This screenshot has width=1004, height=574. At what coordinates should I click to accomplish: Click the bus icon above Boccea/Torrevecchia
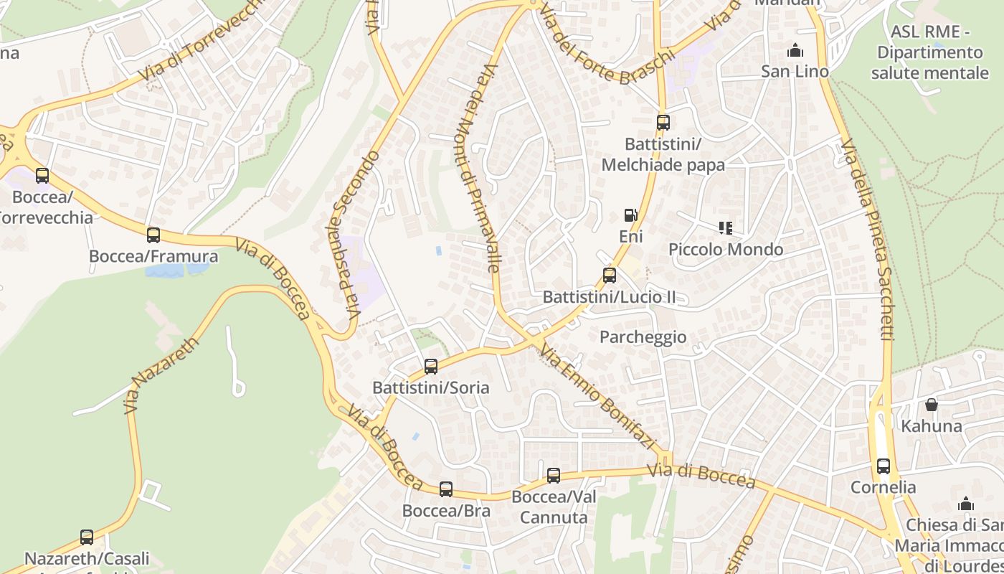coord(42,176)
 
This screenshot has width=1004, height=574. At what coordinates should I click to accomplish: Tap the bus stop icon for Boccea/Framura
coord(153,235)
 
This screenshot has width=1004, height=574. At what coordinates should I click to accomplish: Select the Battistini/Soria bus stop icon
coord(431,367)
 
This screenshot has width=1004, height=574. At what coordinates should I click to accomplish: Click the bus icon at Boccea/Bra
coord(446,489)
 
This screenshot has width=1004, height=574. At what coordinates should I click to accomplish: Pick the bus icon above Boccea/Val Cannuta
coord(554,476)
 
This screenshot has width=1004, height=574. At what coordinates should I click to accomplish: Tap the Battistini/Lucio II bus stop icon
coord(609,276)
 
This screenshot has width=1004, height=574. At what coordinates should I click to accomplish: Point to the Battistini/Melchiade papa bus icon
coord(663,123)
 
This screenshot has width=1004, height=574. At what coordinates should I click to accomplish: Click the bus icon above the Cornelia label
coord(884,466)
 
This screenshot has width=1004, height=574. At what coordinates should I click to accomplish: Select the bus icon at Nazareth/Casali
coord(87,537)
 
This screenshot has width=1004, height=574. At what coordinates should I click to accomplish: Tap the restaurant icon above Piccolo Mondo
coord(726,228)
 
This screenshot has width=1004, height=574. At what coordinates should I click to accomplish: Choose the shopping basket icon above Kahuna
coord(931,405)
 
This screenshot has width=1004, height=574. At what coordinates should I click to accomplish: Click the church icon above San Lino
coord(795,51)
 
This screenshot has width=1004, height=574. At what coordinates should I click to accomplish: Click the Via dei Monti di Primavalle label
coord(480,169)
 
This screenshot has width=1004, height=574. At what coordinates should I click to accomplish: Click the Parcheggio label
coord(643,337)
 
